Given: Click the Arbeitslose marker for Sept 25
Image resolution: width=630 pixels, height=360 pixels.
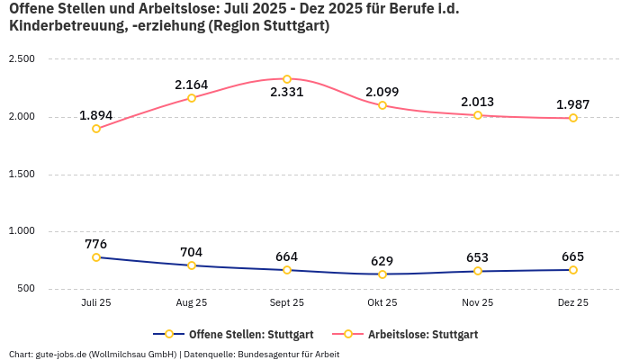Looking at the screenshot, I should (287, 79).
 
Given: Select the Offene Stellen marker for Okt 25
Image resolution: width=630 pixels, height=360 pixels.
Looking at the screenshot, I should (382, 274).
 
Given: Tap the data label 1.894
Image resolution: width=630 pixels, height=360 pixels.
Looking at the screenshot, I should (95, 115).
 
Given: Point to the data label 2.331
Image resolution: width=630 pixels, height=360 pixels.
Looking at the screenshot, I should (287, 92).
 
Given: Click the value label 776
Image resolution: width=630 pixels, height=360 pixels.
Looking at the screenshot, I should (95, 244).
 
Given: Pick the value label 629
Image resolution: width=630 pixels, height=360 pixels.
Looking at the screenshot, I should (382, 261).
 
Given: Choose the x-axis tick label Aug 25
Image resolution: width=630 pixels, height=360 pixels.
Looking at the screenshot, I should (192, 303).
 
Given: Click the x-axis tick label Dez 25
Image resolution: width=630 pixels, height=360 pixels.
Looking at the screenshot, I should (573, 303).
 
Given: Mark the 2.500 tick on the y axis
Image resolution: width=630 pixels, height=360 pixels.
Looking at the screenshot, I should (21, 59).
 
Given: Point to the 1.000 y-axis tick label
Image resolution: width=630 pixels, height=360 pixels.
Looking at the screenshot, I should (21, 231).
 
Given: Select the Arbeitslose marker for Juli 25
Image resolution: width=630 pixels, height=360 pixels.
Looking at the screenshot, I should (96, 129).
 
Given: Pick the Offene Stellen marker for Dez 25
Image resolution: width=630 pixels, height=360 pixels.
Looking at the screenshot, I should (573, 270).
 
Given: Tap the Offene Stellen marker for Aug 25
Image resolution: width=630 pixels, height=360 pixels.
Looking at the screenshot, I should (192, 265).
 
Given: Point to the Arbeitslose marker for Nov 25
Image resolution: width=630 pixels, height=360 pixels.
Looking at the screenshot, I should (478, 115).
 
